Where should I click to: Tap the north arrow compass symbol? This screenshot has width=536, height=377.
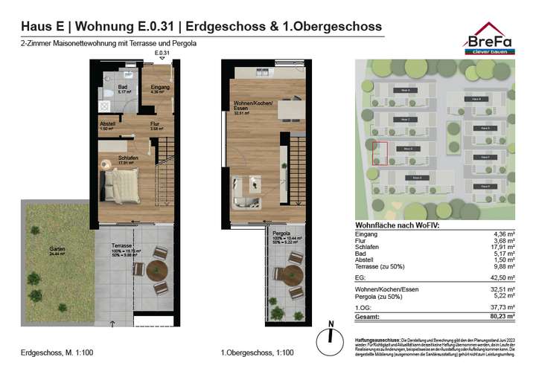click(x=328, y=336)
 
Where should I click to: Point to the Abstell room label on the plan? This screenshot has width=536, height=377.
click(x=107, y=126)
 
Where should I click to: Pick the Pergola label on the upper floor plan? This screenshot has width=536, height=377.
click(x=281, y=233)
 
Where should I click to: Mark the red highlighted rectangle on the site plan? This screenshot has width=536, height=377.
click(x=380, y=153)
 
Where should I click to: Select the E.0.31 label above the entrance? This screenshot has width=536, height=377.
click(x=162, y=54)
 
